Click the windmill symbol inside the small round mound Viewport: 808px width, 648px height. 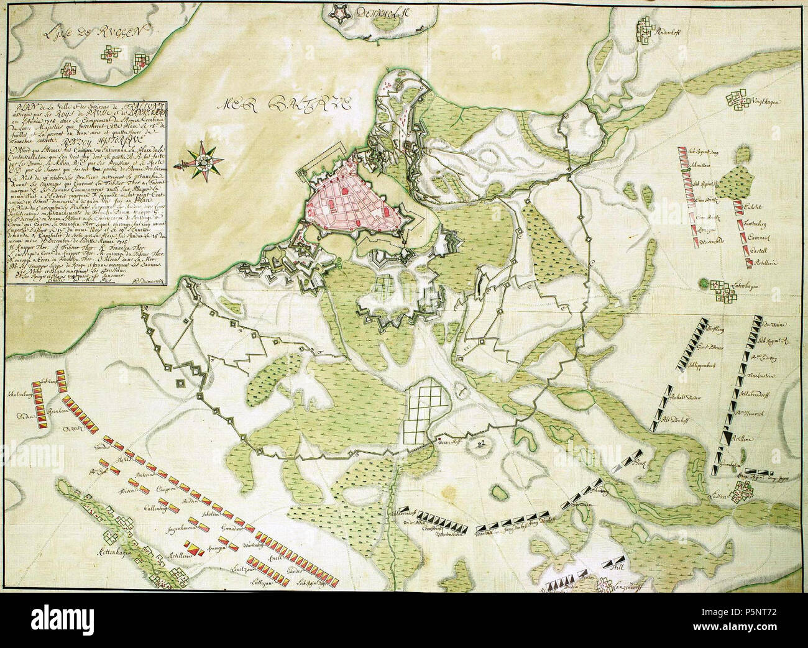[480, 444]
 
